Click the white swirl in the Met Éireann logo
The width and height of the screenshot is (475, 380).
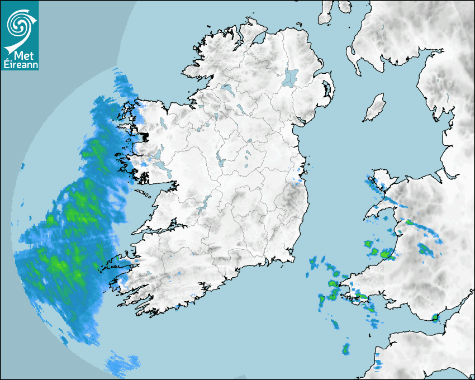pos(19,23)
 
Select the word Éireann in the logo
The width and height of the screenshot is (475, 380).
pos(19,65)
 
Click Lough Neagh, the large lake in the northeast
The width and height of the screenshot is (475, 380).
pos(291,77)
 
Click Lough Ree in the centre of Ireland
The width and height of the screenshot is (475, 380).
pos(221,161)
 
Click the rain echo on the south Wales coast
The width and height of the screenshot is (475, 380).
pos(435,318)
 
